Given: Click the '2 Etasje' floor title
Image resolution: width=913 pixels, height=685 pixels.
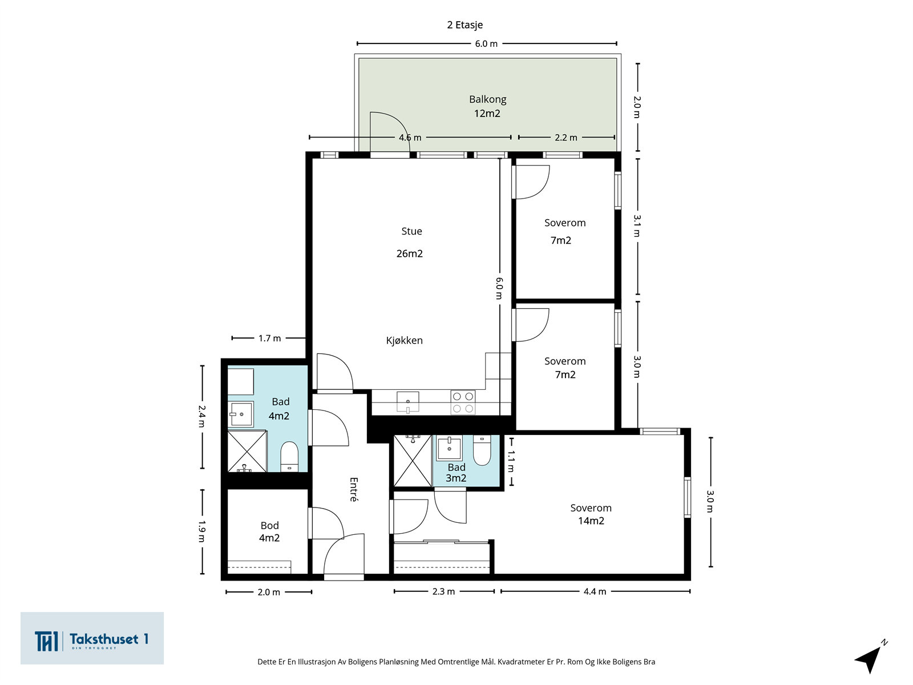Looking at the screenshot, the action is [464, 25].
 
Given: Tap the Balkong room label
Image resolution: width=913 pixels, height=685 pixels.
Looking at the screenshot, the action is [487, 99].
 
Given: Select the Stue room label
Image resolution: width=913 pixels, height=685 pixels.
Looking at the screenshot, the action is [411, 231].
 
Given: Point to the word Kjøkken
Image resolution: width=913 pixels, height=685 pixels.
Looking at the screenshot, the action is [405, 341].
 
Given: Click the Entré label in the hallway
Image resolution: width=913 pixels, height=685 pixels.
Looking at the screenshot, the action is [354, 490].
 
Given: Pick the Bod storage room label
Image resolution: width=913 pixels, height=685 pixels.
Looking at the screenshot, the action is [269, 526].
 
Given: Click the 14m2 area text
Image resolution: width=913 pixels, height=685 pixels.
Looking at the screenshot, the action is [591, 521].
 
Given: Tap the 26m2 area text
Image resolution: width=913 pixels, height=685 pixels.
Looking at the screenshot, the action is [409, 253].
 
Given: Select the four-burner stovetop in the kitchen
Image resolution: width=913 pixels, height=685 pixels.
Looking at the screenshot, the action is [463, 402].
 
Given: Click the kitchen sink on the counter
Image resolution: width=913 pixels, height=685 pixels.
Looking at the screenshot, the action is [407, 402].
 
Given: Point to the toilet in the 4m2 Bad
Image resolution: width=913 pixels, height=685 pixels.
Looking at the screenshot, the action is [289, 456].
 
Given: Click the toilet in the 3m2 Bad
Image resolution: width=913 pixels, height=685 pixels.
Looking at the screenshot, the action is [482, 450].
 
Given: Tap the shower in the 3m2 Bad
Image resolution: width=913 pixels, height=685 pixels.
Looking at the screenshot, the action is [413, 461].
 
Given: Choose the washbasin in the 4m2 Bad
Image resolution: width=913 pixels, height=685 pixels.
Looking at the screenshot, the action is [240, 414].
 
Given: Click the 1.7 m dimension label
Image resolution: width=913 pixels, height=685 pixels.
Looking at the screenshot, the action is [269, 339].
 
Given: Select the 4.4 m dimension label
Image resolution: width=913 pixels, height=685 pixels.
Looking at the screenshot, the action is [595, 591].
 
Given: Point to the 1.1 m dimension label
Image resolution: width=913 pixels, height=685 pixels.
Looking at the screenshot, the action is [511, 462].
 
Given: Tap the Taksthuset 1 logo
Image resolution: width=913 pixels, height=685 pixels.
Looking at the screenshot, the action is [92, 638].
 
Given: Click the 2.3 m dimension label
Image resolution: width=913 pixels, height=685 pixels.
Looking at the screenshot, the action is [443, 591].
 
